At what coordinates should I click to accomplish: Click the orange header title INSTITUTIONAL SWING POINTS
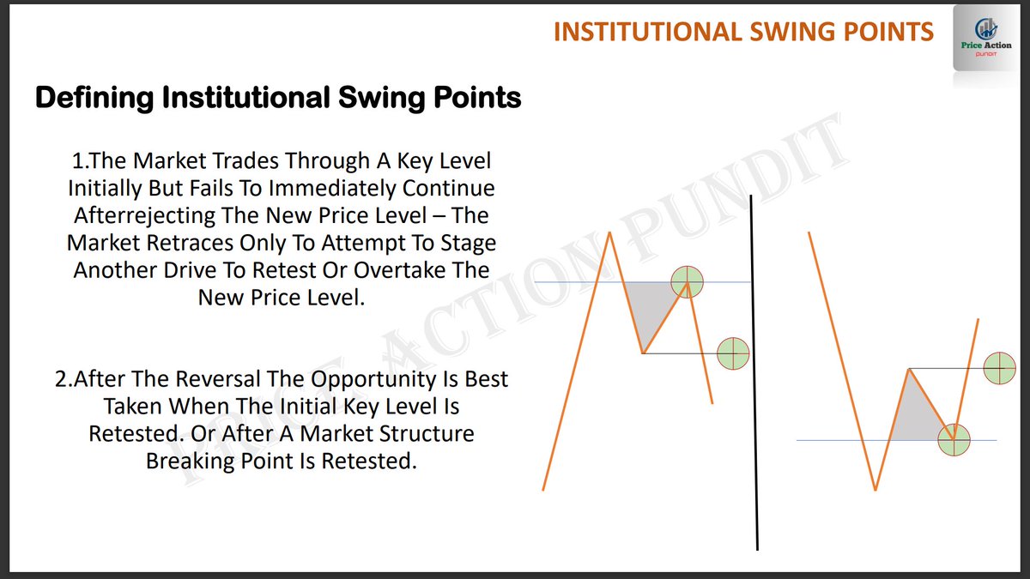(x=743, y=32)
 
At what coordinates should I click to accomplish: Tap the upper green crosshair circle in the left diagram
(x=687, y=280)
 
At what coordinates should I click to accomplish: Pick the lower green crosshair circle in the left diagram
(x=733, y=353)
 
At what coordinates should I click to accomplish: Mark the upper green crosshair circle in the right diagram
(x=999, y=368)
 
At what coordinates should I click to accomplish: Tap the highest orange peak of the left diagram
(x=610, y=232)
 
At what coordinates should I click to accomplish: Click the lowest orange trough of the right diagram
(x=875, y=489)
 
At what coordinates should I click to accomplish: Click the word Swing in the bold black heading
(x=377, y=98)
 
